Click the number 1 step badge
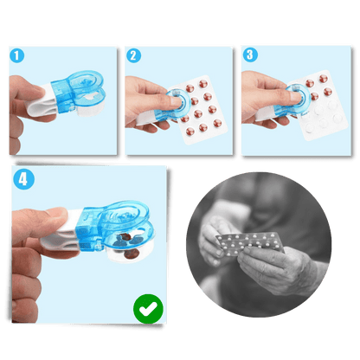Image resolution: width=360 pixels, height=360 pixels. [x=17, y=55]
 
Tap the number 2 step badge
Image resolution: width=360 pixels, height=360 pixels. [x=133, y=55]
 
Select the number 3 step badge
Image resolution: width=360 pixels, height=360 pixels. [x=250, y=55]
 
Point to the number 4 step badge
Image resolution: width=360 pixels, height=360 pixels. [x=23, y=179]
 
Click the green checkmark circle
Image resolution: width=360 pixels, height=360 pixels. [x=148, y=309]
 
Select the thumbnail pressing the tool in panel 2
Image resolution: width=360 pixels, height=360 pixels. [x=176, y=101]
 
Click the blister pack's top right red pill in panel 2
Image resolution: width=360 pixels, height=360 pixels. [x=203, y=84]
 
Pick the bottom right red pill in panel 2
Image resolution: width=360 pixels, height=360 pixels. [x=217, y=123]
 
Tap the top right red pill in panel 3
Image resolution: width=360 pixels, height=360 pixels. [x=323, y=79]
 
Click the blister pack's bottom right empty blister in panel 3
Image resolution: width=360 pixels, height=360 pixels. [x=337, y=118]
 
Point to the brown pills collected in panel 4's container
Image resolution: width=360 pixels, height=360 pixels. [x=129, y=245]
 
